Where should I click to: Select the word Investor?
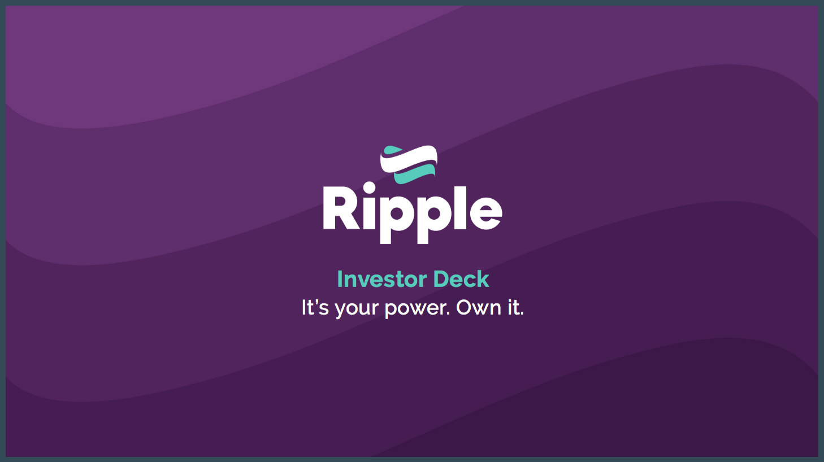[x=381, y=279]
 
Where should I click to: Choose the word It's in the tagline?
[x=315, y=308]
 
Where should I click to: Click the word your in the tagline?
[x=356, y=310]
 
